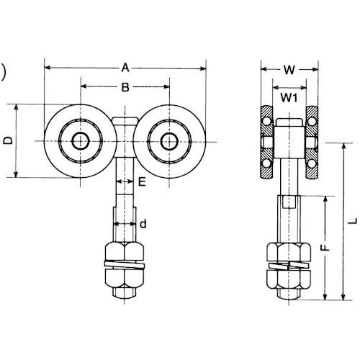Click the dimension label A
coord(125,68)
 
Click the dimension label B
coord(125,88)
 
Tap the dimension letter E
coord(141,183)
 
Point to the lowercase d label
coord(143,224)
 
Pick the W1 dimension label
coord(289,95)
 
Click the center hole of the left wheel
coord(78,140)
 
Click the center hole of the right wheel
coord(171,140)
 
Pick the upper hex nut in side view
coord(289,254)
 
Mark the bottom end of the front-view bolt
coord(125,295)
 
